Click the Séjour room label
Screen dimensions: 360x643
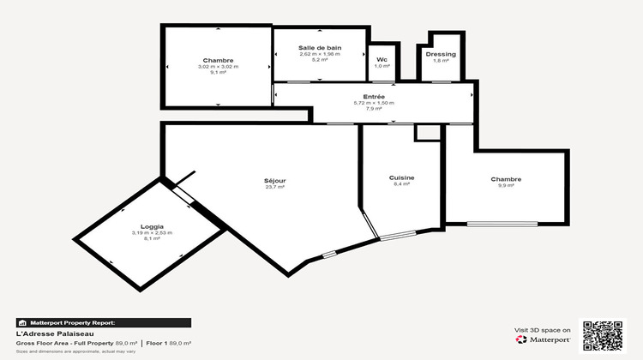[x=274, y=181]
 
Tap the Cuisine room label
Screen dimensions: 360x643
[x=402, y=177]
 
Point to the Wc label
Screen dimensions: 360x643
[x=382, y=60]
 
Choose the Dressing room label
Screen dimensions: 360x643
[x=441, y=54]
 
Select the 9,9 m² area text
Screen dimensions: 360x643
[x=506, y=186]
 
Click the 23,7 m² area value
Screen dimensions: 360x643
[x=274, y=187]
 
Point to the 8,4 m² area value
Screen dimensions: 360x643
[x=402, y=184]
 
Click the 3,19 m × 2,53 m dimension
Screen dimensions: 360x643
[x=151, y=233]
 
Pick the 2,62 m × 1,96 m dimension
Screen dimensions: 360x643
[x=319, y=54]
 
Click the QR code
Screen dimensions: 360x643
[x=604, y=335]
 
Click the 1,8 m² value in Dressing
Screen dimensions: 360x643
[x=441, y=61]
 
